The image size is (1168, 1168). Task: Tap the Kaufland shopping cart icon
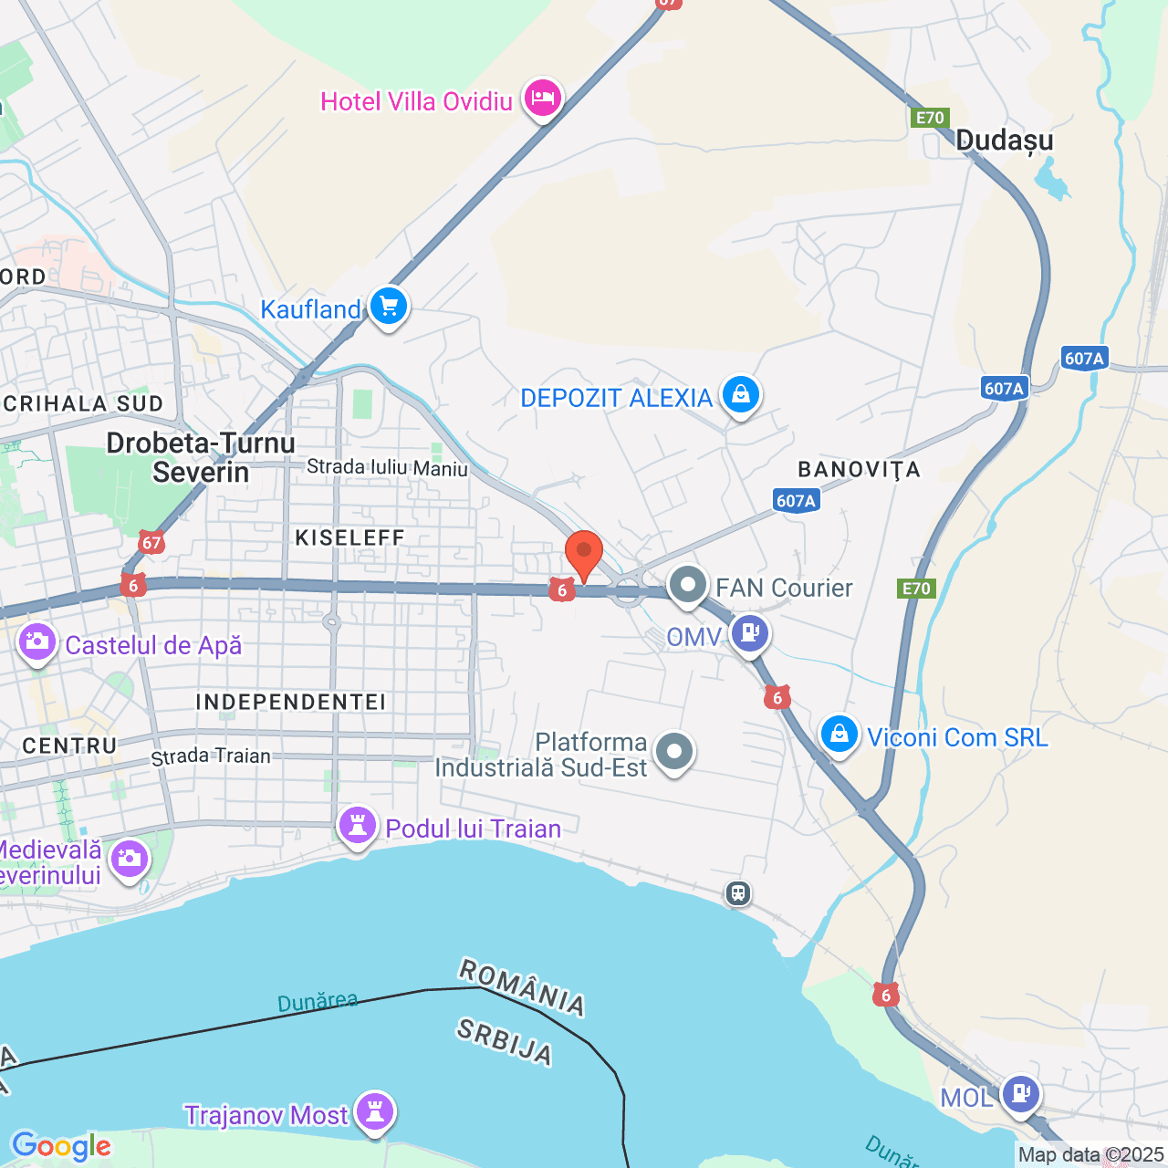pos(389,308)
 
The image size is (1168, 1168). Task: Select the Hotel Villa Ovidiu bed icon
pos(543,98)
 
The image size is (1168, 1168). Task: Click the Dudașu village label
pos(1004,141)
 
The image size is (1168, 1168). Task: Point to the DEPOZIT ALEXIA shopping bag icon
pos(741,396)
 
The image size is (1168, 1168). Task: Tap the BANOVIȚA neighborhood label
pos(859,470)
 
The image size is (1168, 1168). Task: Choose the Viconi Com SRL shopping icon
pos(839,735)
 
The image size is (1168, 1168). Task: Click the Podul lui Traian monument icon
pos(358,827)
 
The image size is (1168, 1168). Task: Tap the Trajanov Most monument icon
pos(375,1112)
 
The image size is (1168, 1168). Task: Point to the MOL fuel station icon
pos(1020,1093)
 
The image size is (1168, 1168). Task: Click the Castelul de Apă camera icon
pos(37,642)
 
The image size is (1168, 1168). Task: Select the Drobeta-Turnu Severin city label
pos(201,457)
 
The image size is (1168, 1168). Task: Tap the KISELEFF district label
pos(350,537)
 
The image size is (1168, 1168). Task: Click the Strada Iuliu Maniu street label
pos(387,468)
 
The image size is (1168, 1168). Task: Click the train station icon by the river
pos(738,893)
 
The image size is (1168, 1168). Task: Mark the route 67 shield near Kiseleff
pos(151,543)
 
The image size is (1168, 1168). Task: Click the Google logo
pos(61,1146)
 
